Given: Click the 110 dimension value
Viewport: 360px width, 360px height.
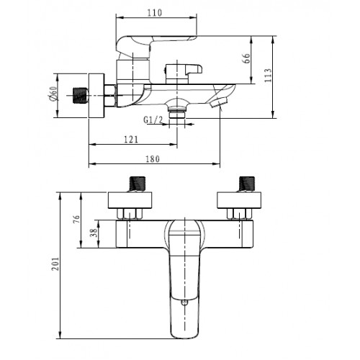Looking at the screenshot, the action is [155, 13].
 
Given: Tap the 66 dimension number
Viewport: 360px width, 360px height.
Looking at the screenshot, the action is [246, 58].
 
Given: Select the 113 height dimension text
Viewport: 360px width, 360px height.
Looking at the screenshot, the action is [268, 76].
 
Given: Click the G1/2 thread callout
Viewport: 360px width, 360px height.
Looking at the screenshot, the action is [153, 120].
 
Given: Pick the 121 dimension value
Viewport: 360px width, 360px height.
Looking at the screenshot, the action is [131, 139].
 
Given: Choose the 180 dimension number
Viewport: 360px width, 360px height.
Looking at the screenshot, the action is [153, 159].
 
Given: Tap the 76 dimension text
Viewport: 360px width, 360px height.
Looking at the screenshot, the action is [76, 220].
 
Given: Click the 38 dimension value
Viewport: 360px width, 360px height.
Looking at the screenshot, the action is [94, 233].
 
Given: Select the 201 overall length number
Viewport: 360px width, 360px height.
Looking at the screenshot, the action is [55, 264].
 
